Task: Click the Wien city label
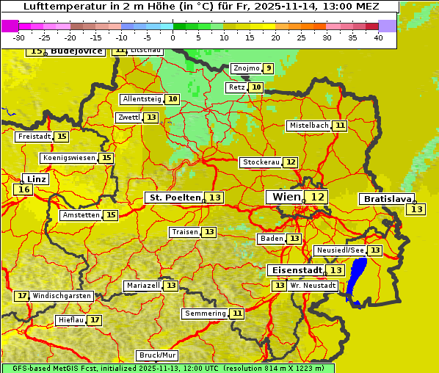[286, 197]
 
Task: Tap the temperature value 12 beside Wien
[317, 197]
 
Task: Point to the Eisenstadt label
[294, 270]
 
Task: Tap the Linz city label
[37, 179]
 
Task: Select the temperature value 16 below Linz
[23, 189]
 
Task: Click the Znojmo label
[246, 68]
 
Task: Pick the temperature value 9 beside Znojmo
[269, 68]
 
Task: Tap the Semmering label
[206, 314]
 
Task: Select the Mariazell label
[142, 285]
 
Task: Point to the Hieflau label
[71, 320]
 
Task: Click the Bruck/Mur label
[158, 355]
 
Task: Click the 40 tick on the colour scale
[378, 37]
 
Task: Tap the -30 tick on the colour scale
[19, 37]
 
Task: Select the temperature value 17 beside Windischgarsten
[22, 296]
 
